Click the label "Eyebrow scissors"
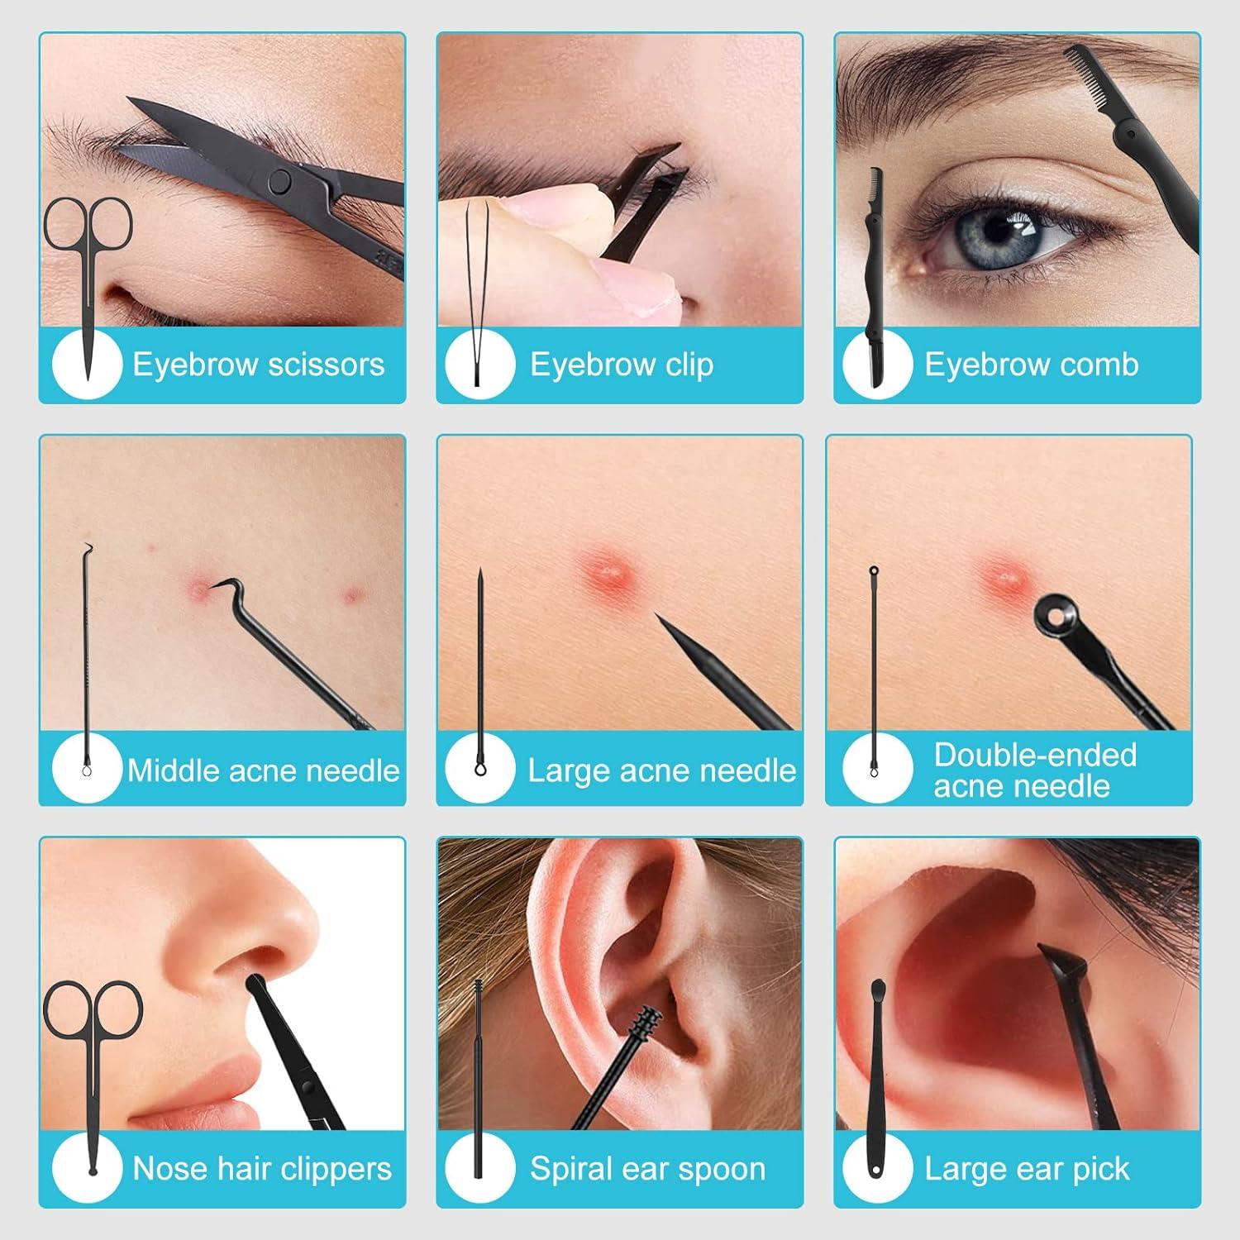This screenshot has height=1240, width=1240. click(x=258, y=365)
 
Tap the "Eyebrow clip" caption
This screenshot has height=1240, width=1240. click(x=621, y=365)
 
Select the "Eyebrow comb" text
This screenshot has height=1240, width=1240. click(x=1031, y=365)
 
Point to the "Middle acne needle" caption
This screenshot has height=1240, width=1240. click(x=263, y=770)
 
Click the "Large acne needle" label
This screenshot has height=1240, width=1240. click(x=661, y=770)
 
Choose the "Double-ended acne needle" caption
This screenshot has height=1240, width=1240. click(x=1034, y=770)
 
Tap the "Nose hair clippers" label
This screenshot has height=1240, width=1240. click(x=261, y=1169)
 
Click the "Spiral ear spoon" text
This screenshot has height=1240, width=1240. click(x=647, y=1169)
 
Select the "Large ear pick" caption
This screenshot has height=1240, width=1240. click(x=1026, y=1169)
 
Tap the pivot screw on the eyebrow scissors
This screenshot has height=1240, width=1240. click(x=282, y=179)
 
